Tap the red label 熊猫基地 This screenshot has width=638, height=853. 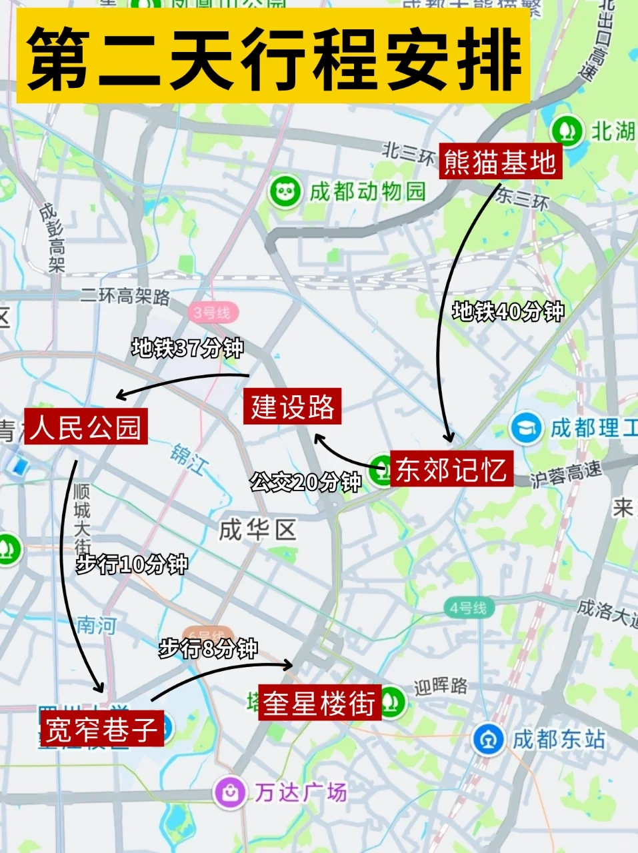(x=500, y=162)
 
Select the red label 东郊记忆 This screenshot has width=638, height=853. (x=451, y=469)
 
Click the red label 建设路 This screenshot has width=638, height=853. (x=293, y=407)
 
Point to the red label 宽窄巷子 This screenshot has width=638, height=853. (x=101, y=728)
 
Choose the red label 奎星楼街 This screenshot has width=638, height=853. (x=319, y=702)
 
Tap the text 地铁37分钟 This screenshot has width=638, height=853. (x=187, y=348)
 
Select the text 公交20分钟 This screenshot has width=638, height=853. (x=305, y=482)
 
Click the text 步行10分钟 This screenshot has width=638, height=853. (x=131, y=564)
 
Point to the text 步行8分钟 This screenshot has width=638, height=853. (x=208, y=648)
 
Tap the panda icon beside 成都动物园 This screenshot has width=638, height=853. (x=285, y=192)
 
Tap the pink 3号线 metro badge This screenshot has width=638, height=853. (x=212, y=312)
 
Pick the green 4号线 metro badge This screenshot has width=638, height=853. (x=469, y=608)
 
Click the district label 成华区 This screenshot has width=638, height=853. (x=257, y=530)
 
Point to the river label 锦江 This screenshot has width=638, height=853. (x=189, y=459)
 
